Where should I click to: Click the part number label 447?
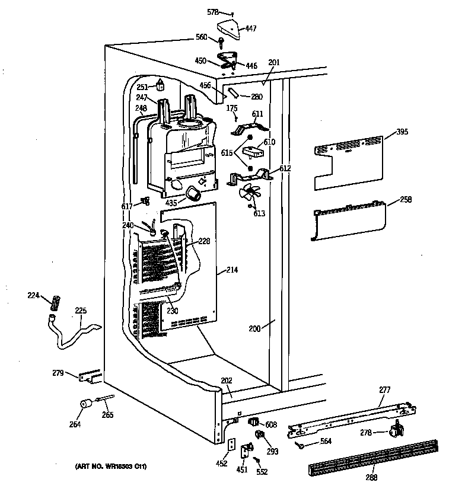click(x=251, y=28)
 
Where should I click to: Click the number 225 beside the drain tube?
click(x=80, y=310)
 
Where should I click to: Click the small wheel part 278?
click(x=396, y=431)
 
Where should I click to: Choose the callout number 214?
click(x=232, y=270)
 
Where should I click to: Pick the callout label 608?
click(x=271, y=424)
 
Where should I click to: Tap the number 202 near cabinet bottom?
click(x=227, y=381)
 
